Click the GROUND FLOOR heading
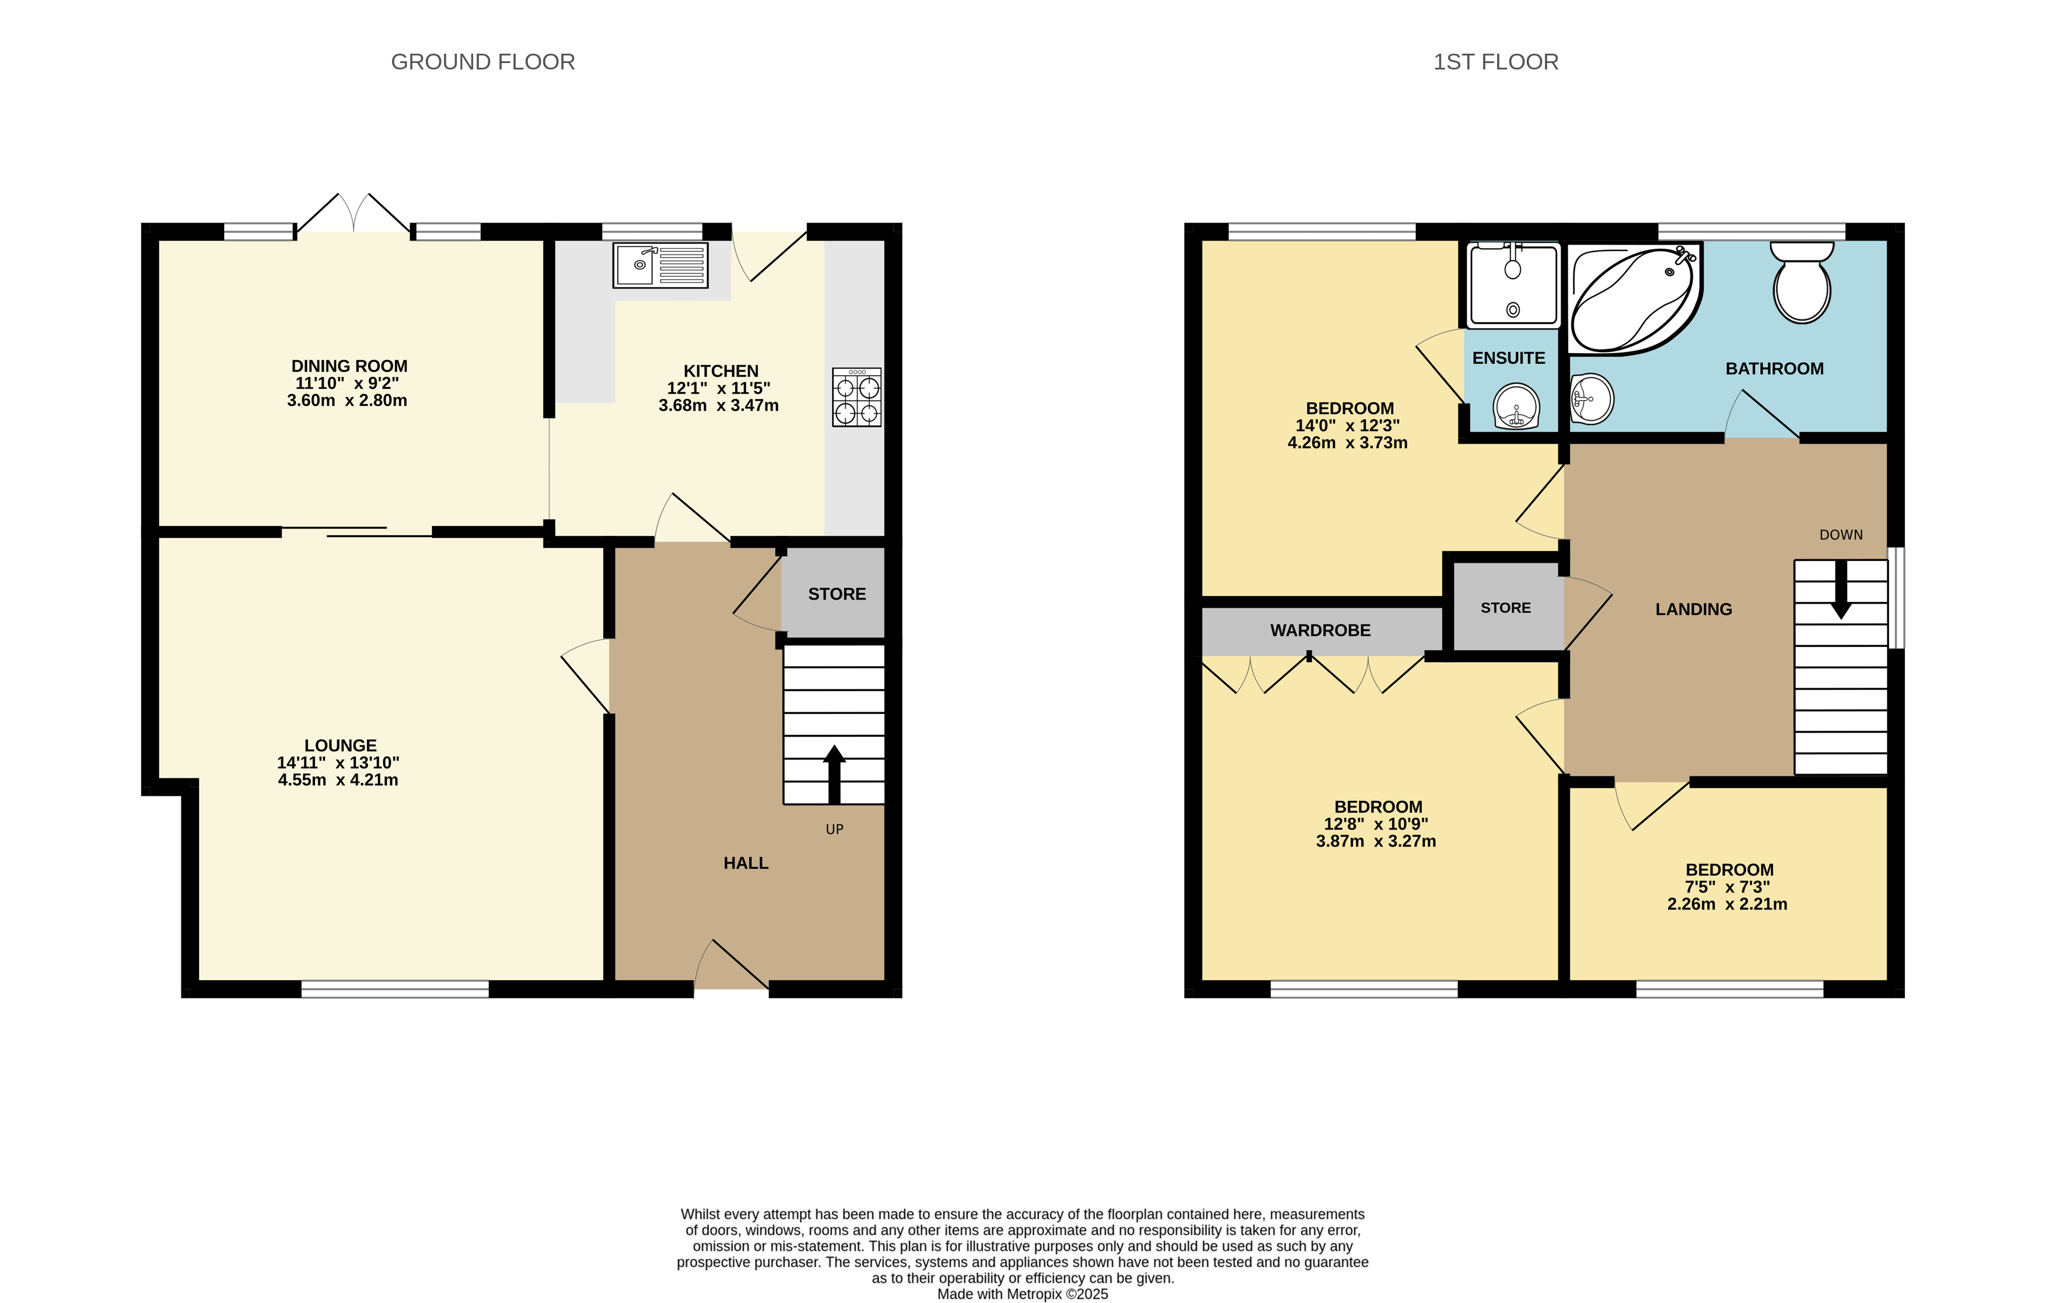point(482,62)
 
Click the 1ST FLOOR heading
point(1495,62)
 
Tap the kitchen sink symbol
point(660,265)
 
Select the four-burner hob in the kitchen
point(856,397)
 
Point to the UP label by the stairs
point(834,830)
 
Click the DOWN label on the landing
point(1841,535)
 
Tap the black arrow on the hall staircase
point(834,774)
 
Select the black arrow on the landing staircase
point(1841,589)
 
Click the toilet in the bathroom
point(1802,282)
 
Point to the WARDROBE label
point(1320,630)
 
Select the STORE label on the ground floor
point(837,594)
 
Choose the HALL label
point(746,863)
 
